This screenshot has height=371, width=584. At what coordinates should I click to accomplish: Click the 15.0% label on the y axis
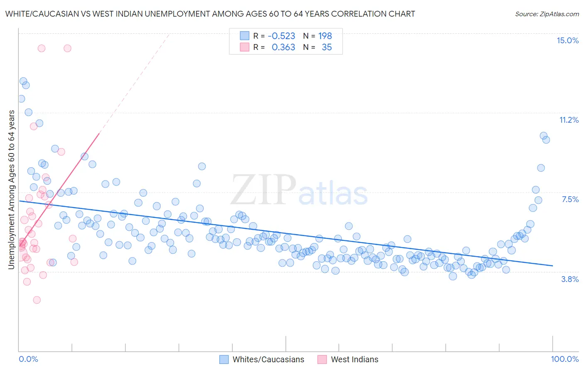pos(567,40)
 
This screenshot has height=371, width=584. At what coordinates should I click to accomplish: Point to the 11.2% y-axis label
pos(569,120)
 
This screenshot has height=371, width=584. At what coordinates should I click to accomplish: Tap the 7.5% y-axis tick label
pos(570,199)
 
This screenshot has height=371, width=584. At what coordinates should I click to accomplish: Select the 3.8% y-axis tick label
pos(570,279)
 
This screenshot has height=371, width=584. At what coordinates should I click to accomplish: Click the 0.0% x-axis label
pos(28,359)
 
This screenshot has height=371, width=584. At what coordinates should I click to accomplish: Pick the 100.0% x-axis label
pos(564,359)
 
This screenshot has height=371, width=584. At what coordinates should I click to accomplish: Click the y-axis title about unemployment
pos(11,190)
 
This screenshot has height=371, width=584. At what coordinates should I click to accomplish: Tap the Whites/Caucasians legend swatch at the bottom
pos(224,359)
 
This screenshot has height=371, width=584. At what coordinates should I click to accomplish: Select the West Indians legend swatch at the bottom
pos(322,359)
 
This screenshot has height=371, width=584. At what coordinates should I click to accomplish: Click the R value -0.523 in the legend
pos(281,36)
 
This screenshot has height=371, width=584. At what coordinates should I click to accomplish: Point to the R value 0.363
pos(283,47)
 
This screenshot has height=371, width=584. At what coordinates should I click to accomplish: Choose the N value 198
pos(325,36)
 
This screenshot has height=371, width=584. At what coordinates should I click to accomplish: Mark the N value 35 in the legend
pos(326,47)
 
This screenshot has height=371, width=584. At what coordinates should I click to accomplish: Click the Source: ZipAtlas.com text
pos(547,14)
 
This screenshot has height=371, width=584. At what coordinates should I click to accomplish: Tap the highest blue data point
pos(23,81)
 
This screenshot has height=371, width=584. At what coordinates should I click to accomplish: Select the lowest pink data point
pos(37,300)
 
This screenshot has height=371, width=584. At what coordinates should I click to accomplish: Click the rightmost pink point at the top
pos(67,48)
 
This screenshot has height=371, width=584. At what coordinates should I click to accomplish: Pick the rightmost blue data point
pos(546,140)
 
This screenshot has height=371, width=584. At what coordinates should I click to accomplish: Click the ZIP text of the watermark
pos(263,190)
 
